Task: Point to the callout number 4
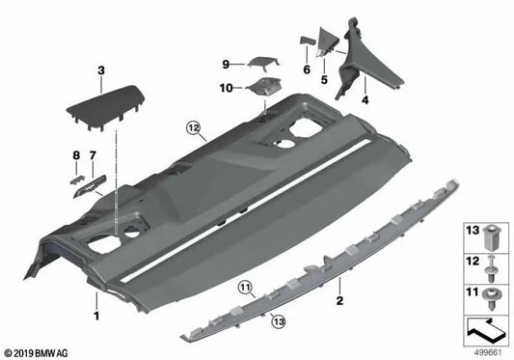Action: click(365, 99)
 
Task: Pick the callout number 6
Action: click(305, 69)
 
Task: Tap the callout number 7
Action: click(94, 155)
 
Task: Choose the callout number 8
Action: click(76, 155)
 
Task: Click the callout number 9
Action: click(226, 64)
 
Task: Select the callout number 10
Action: click(227, 88)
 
